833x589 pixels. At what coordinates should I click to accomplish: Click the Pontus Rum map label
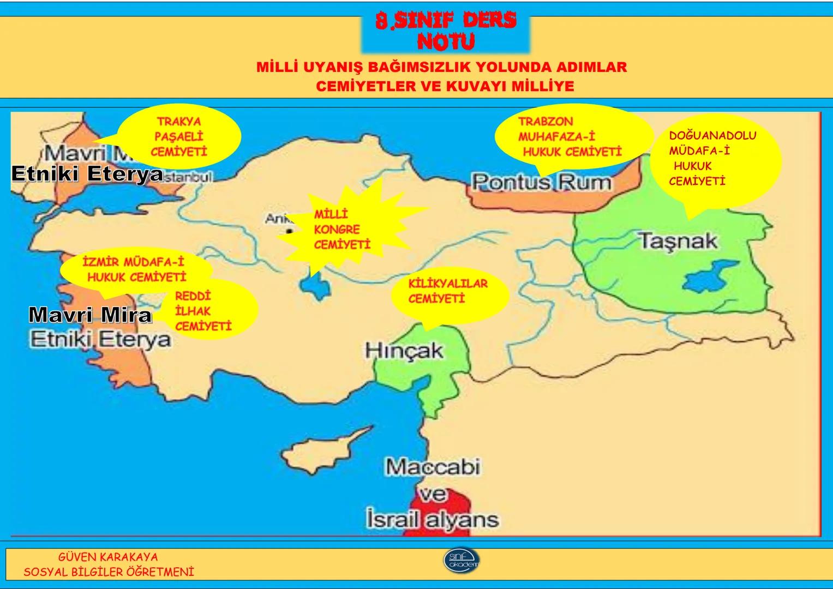(541, 182)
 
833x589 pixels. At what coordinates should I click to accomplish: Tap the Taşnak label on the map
(678, 241)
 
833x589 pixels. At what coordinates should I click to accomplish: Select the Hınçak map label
(404, 350)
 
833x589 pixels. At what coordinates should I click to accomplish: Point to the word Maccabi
(433, 467)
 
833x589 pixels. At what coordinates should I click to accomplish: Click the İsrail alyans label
(432, 519)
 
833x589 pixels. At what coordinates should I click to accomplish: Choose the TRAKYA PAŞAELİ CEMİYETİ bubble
(179, 137)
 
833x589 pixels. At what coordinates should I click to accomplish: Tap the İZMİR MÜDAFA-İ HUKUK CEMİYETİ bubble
(135, 269)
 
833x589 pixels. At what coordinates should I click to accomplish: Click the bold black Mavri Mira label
(90, 315)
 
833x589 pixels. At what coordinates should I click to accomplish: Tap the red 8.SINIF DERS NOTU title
(446, 31)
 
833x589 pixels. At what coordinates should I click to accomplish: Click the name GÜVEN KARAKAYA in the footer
(108, 557)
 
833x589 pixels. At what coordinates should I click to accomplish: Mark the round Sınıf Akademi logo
(462, 560)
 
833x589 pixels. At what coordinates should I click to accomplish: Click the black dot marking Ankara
(289, 232)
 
